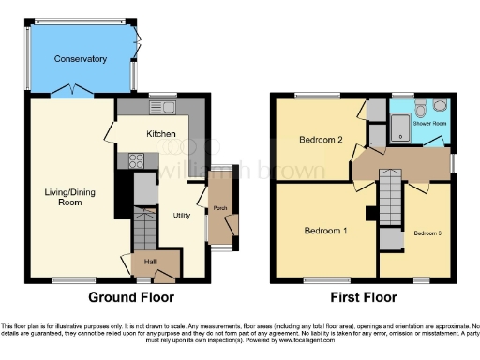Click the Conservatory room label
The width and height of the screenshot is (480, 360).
[80, 59]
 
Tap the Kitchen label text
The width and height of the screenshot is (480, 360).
[160, 135]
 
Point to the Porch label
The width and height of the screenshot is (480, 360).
[221, 208]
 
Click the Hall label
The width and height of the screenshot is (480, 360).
[149, 261]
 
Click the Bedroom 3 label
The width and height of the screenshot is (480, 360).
[427, 232]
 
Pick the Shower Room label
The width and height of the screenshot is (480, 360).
[433, 122]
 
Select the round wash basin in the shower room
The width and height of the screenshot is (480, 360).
[440, 104]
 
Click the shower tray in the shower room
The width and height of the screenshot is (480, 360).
[400, 127]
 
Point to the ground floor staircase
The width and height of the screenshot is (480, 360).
[145, 227]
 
